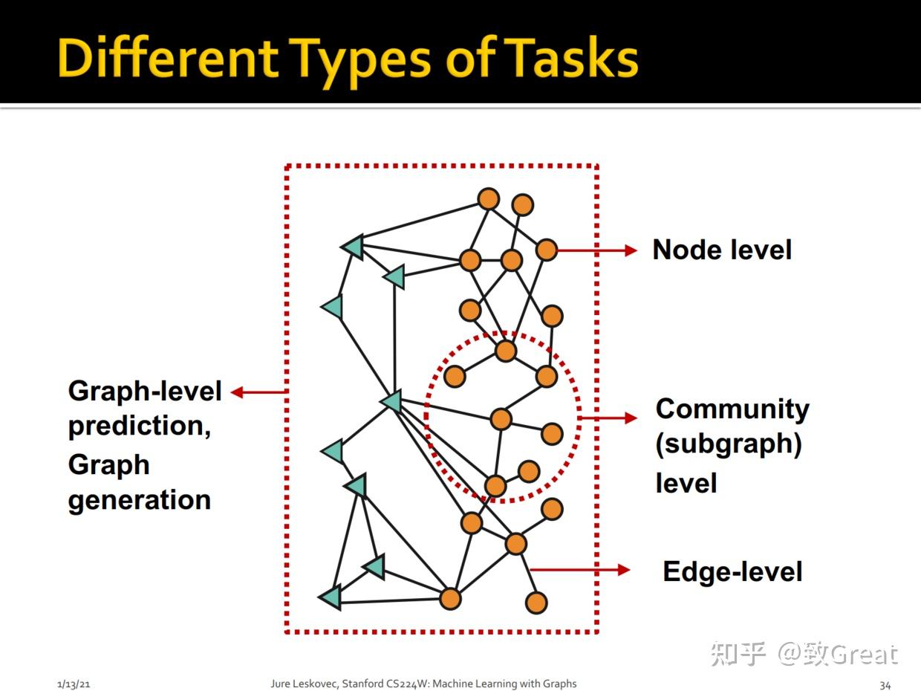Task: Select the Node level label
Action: click(722, 250)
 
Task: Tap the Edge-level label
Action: click(732, 571)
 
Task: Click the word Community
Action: click(732, 409)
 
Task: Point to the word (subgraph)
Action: click(729, 444)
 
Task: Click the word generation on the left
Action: click(140, 500)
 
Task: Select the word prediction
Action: click(139, 426)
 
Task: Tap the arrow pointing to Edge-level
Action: click(580, 570)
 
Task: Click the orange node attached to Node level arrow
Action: click(546, 250)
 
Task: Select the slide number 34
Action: click(885, 684)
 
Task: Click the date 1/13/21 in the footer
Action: click(74, 684)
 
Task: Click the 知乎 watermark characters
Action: click(738, 653)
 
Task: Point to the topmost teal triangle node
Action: click(351, 246)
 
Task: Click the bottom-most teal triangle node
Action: click(331, 596)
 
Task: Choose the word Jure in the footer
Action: click(280, 684)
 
